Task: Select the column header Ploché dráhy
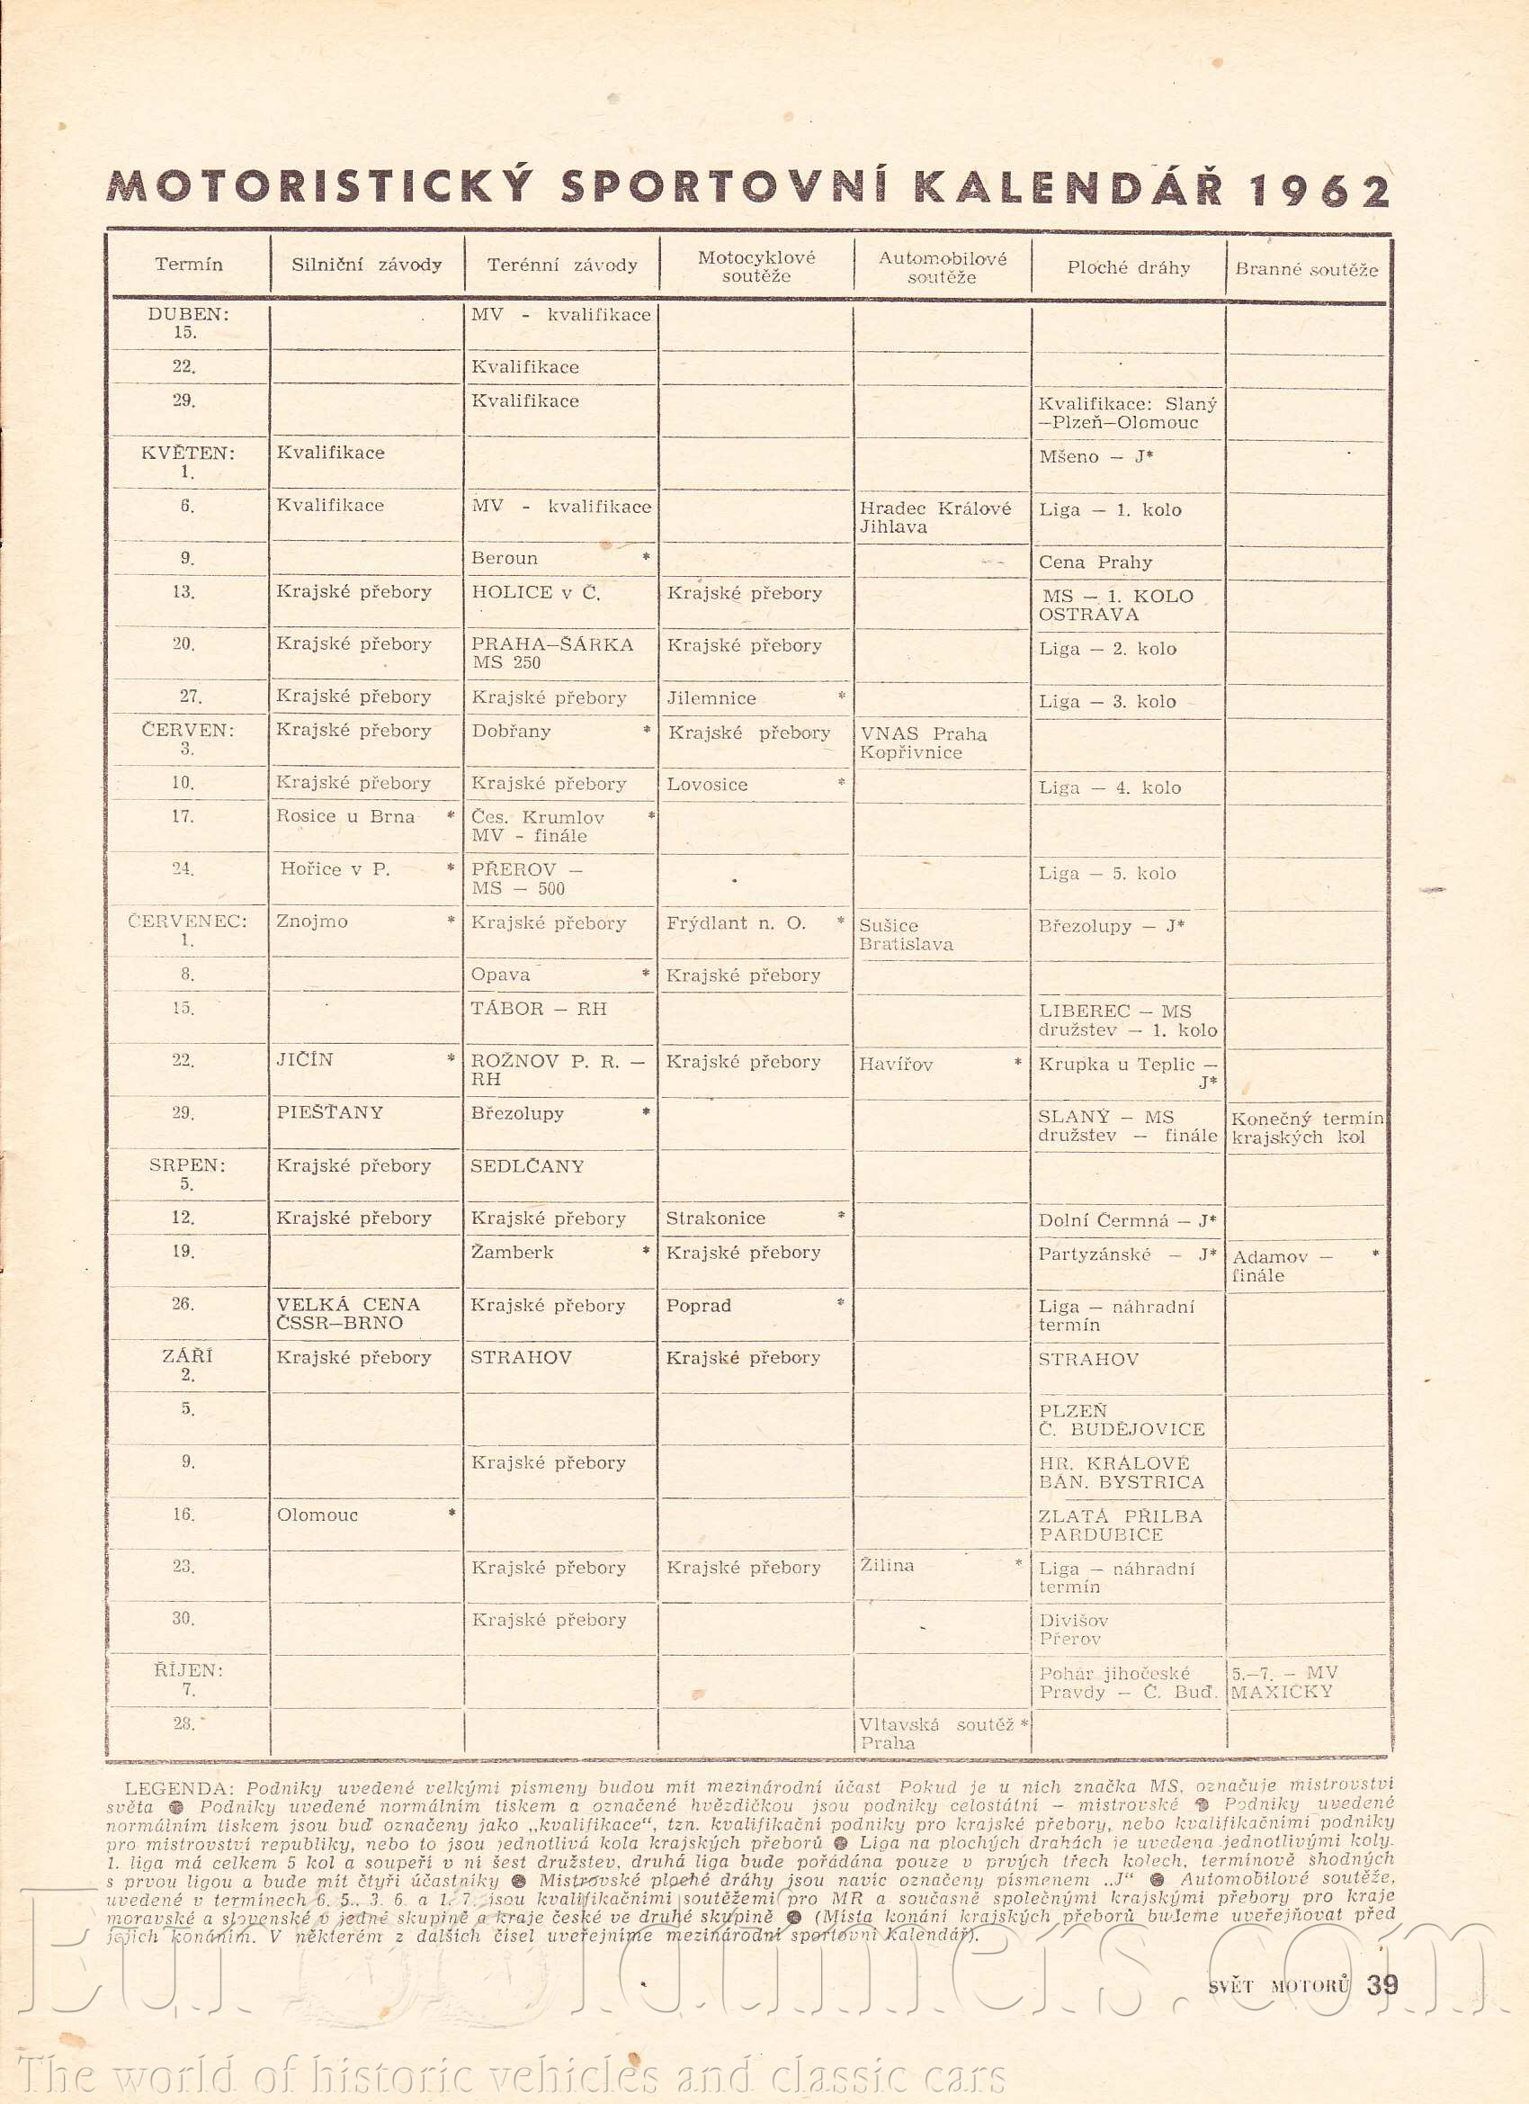tap(1128, 268)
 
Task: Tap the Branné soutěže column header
tap(1306, 270)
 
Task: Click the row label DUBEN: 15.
tap(188, 323)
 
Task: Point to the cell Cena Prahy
tap(1095, 562)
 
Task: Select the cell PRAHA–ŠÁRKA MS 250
tap(551, 653)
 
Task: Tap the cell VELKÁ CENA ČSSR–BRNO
tap(348, 1314)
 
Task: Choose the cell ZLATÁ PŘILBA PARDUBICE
tap(1120, 1525)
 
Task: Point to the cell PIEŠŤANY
tap(329, 1112)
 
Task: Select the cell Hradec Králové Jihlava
tap(934, 517)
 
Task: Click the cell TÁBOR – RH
tap(538, 1009)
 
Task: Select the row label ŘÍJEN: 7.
tap(188, 1680)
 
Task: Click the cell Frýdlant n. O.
tap(737, 923)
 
